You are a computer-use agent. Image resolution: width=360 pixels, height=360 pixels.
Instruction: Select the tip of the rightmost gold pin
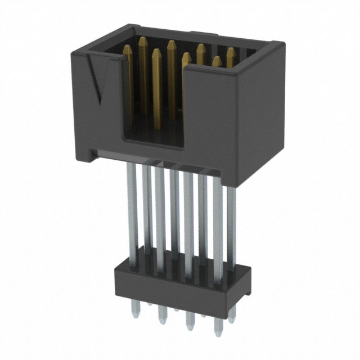[231, 51]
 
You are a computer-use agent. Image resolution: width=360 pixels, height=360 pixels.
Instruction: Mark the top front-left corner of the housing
[73, 52]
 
